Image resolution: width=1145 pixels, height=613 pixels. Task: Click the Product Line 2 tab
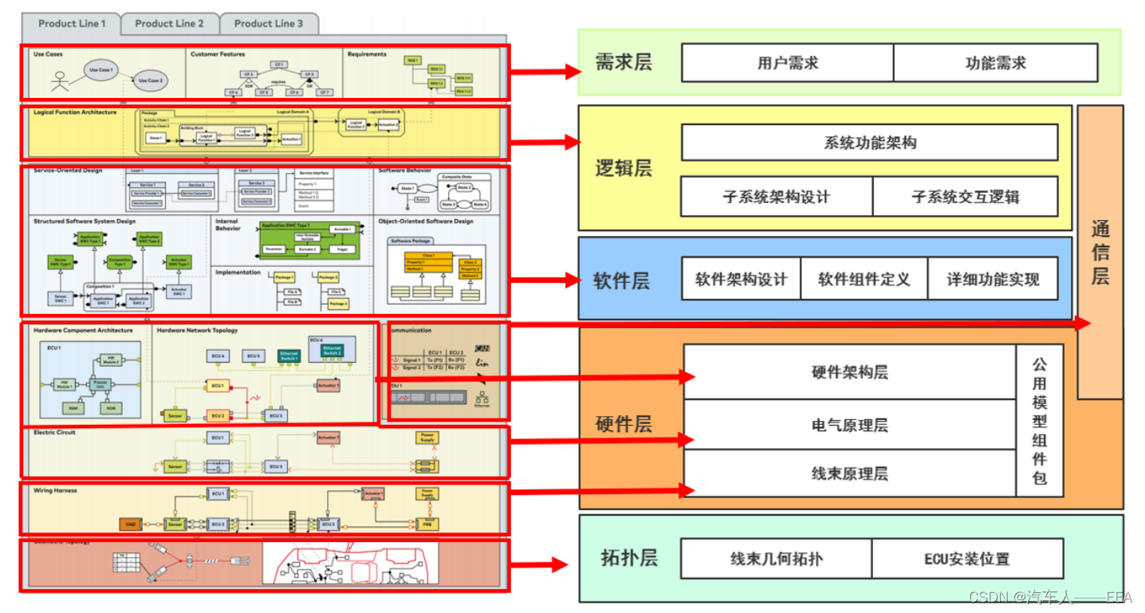pos(169,24)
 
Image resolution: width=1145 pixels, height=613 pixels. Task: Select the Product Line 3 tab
pos(269,24)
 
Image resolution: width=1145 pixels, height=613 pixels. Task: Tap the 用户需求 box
pos(787,63)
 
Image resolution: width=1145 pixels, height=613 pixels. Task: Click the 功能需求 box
pos(995,63)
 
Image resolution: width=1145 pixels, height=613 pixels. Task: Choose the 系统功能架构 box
pos(869,143)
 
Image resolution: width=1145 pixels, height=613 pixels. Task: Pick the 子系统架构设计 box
pos(777,196)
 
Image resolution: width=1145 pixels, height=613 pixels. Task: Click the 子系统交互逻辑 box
pos(965,196)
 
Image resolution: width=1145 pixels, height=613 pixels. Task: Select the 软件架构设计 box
pos(741,279)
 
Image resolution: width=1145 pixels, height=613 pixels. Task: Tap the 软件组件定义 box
pos(864,279)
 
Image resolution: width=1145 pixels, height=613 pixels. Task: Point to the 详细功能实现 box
pos(993,279)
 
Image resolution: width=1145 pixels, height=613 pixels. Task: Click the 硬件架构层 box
pos(849,372)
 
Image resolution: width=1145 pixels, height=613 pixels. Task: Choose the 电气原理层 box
pos(849,425)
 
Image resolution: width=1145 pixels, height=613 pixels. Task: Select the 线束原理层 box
pos(849,474)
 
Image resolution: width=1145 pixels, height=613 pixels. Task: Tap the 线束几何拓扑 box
pos(776,559)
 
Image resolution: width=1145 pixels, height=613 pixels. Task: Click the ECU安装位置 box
pos(966,559)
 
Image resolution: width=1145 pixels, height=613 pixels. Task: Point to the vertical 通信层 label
pos(1100,253)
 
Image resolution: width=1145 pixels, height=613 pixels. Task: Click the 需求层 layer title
pos(623,62)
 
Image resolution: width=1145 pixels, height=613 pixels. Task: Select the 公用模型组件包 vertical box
pos(1039,421)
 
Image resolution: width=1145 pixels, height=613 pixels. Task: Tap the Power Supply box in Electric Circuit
pos(427,438)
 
